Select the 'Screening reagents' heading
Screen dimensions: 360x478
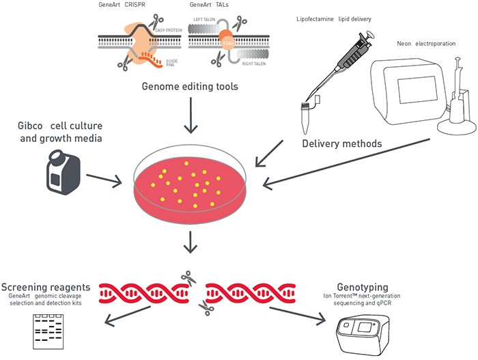(46, 286)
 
